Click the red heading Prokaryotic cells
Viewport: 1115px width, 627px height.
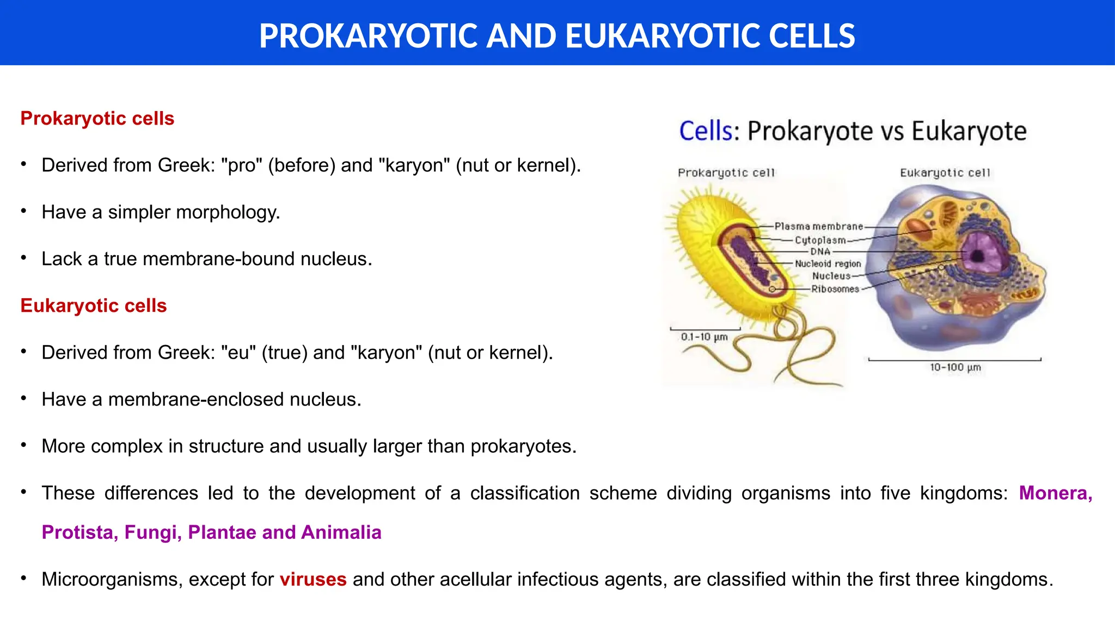pos(97,119)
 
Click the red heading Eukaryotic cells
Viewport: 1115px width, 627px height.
pos(93,306)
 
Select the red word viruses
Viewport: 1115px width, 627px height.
pos(313,579)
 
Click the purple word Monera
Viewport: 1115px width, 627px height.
pos(1055,493)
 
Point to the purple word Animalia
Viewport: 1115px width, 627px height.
pos(341,532)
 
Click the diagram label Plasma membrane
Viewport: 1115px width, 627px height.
pos(819,226)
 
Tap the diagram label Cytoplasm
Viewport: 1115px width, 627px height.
pos(820,240)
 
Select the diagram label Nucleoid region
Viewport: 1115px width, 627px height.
pos(828,264)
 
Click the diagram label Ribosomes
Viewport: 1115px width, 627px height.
pos(835,289)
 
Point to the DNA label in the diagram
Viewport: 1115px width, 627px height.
pos(820,251)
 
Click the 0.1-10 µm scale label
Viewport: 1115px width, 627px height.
pos(704,337)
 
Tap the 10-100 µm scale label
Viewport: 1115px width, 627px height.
pos(955,367)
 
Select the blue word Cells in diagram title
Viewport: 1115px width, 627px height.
pos(706,131)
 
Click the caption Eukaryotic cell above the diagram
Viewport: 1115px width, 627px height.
pos(945,173)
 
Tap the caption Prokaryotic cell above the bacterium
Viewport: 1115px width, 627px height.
pos(726,173)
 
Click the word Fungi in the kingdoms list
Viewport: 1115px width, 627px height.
pos(152,532)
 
